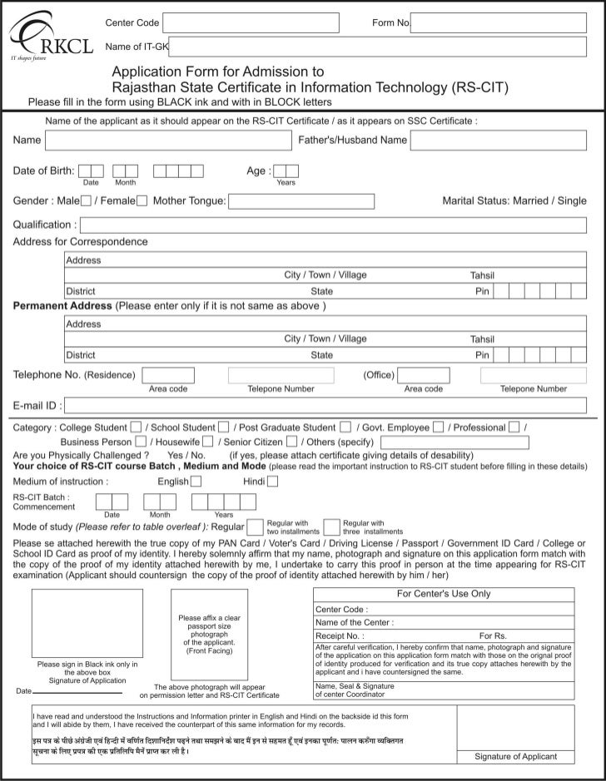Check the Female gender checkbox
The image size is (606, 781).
click(x=142, y=200)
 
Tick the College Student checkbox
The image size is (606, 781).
click(x=137, y=428)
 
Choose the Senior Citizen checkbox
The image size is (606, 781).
click(x=291, y=442)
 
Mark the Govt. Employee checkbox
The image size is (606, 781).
click(x=437, y=428)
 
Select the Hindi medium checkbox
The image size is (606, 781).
click(x=273, y=481)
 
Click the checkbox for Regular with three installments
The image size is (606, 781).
click(x=331, y=526)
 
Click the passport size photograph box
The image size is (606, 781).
click(x=209, y=635)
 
